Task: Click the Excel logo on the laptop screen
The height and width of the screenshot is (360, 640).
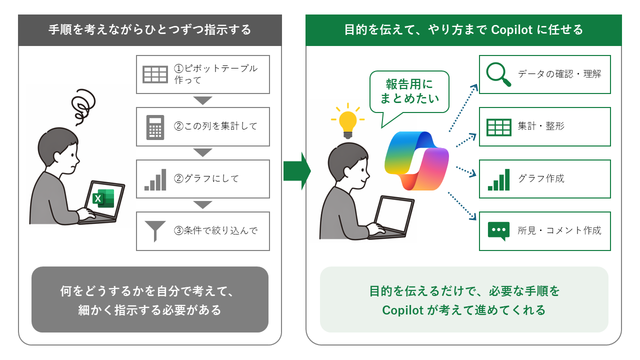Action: pos(103,198)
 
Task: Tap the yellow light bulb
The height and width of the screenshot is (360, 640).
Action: pos(347,121)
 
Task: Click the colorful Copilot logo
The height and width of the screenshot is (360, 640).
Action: pos(416,161)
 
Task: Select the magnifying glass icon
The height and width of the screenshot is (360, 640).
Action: pos(498,74)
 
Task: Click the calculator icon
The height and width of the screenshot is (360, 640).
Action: pos(155,127)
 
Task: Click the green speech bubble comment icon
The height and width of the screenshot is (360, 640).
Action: pos(498,231)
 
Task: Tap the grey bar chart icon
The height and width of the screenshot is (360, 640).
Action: pos(155,179)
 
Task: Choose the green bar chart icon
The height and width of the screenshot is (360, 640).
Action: pos(498,179)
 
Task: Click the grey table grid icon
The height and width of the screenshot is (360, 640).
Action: pos(155,74)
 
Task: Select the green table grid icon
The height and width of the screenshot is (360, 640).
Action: pos(498,127)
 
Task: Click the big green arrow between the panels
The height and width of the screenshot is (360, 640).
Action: pos(297,171)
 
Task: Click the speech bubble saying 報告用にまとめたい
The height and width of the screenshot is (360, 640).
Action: pos(409,91)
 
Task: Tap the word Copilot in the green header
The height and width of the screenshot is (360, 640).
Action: pos(511,29)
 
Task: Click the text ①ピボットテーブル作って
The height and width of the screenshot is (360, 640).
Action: pos(215,74)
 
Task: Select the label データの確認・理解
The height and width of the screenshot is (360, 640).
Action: pos(559,74)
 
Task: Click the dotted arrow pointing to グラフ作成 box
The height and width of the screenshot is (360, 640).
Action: pos(466,171)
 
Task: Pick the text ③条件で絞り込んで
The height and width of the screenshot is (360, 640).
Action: pos(215,230)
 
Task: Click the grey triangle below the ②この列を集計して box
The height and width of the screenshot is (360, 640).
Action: pos(202,152)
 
